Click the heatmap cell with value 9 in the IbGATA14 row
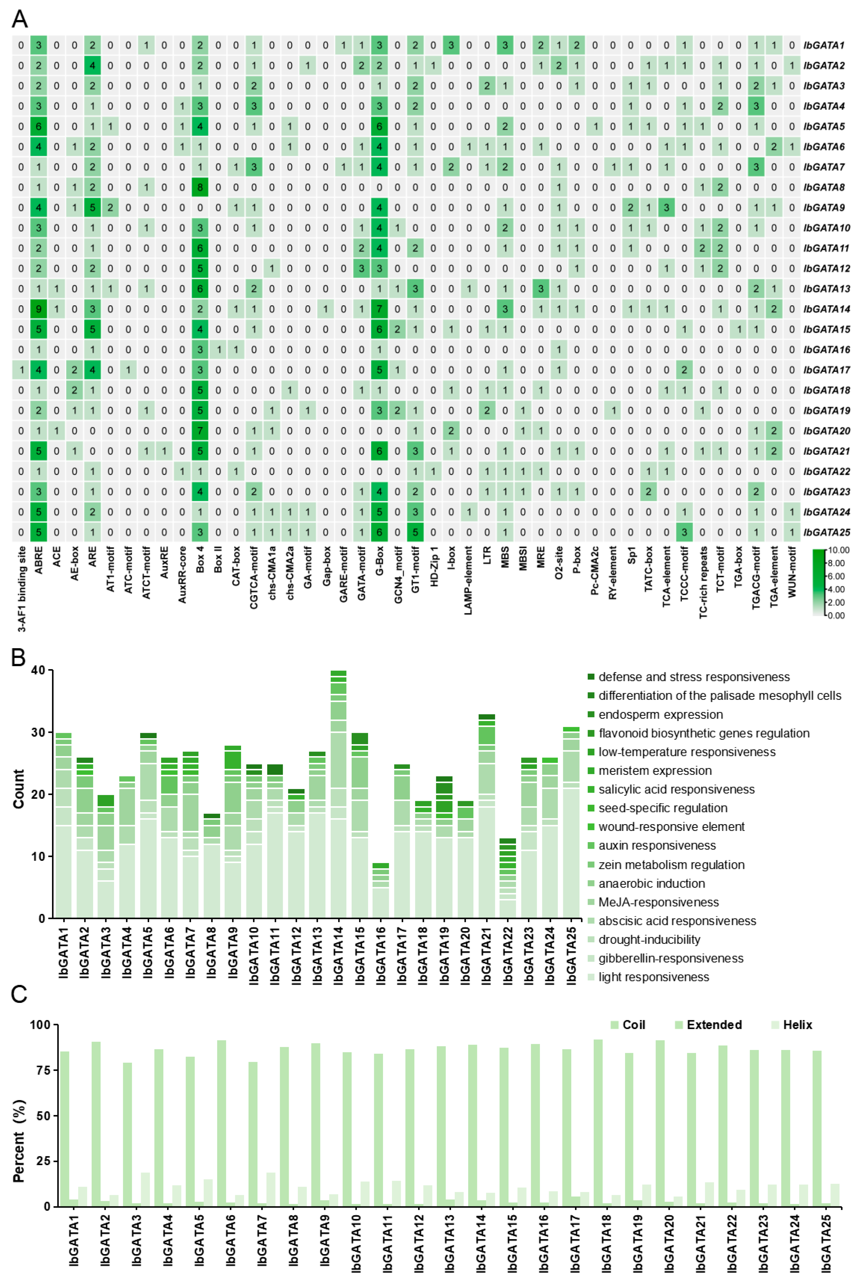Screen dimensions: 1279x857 (38, 309)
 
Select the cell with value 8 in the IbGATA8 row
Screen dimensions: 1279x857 (200, 187)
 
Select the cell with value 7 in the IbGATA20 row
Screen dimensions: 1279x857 (200, 431)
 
